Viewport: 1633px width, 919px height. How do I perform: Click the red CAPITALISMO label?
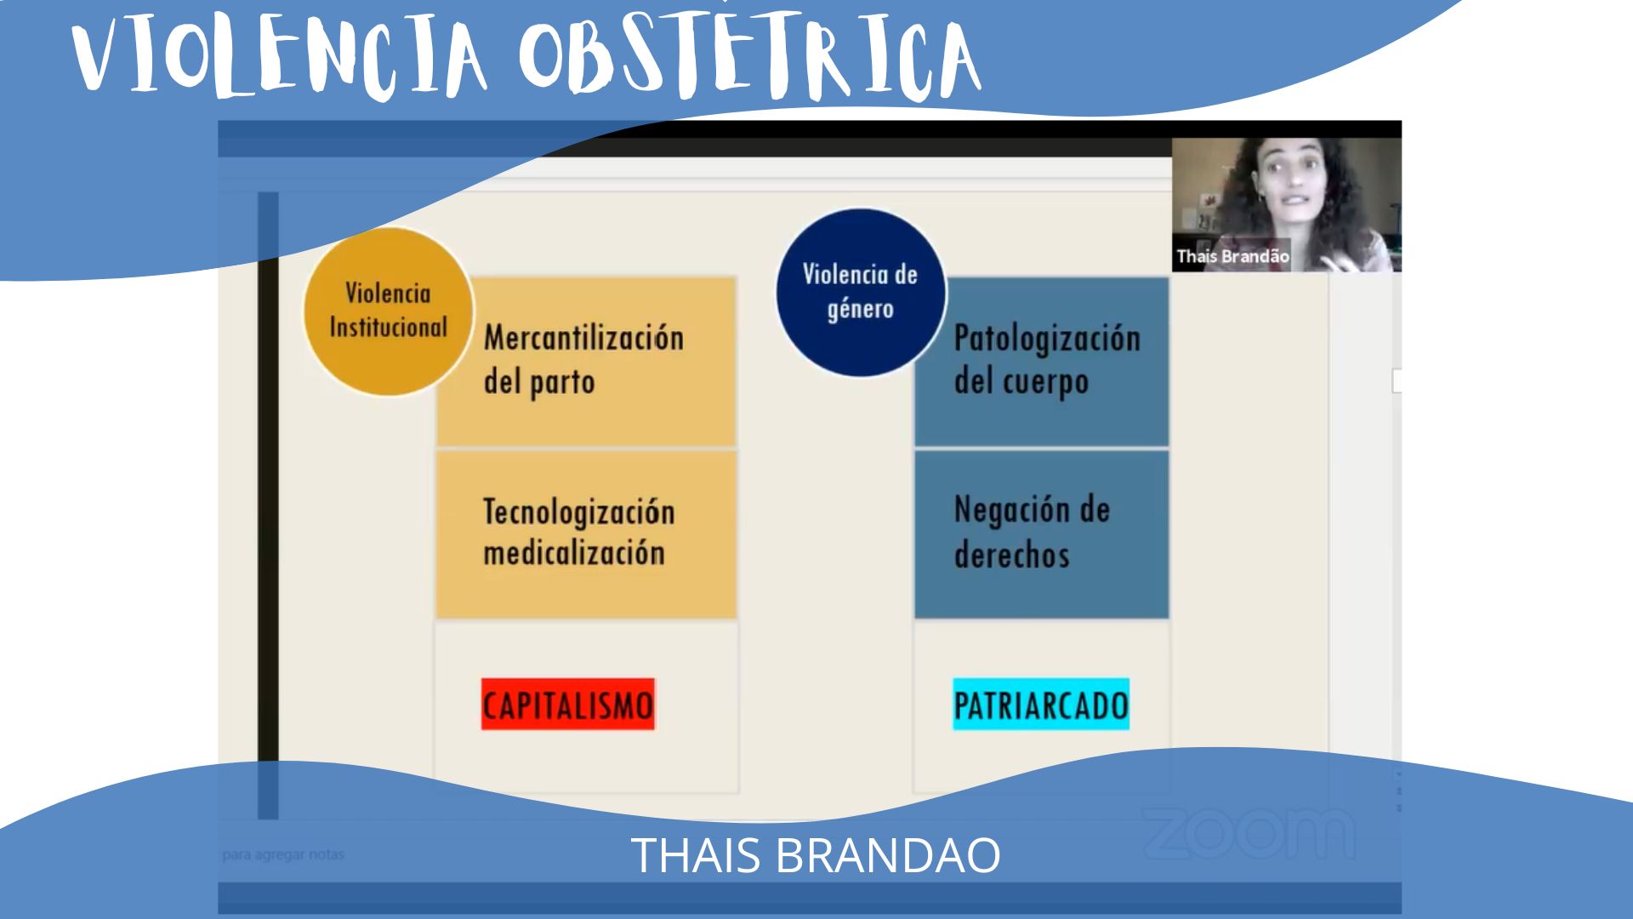pyautogui.click(x=568, y=704)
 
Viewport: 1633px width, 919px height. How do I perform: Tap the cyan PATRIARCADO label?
pyautogui.click(x=1041, y=704)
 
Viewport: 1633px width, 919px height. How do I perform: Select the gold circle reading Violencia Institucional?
pyautogui.click(x=388, y=311)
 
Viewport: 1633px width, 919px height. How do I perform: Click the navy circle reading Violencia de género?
pyautogui.click(x=861, y=293)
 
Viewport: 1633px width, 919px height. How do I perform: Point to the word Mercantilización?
pyautogui.click(x=584, y=338)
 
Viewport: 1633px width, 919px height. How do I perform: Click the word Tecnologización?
pyautogui.click(x=579, y=511)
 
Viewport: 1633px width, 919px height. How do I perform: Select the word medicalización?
pyautogui.click(x=574, y=553)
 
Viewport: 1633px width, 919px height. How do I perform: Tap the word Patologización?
pyautogui.click(x=1047, y=339)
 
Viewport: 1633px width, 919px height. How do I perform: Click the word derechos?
pyautogui.click(x=1011, y=555)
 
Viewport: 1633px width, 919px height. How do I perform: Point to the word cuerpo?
pyautogui.click(x=1045, y=382)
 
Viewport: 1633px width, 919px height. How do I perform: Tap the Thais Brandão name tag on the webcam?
pyautogui.click(x=1232, y=256)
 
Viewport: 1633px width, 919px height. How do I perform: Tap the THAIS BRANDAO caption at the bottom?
pyautogui.click(x=816, y=855)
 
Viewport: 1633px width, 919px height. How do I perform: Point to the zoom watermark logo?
pyautogui.click(x=1249, y=832)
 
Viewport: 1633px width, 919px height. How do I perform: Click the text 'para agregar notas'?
pyautogui.click(x=283, y=854)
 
